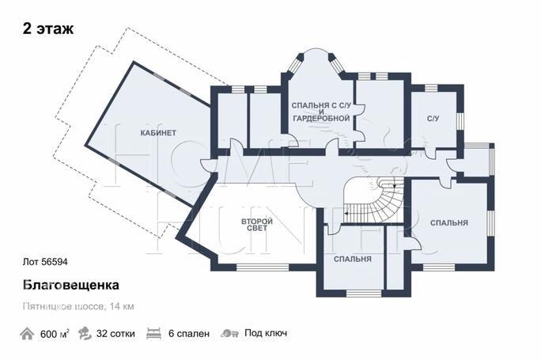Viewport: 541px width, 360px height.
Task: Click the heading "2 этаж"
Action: [48, 28]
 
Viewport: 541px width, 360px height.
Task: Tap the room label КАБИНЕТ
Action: [158, 133]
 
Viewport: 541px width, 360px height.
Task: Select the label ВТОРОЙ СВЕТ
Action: [257, 225]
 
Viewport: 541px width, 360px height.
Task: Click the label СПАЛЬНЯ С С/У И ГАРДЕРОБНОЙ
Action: [321, 112]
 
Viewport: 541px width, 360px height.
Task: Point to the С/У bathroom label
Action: [433, 119]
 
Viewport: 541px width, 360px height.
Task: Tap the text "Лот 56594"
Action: [45, 262]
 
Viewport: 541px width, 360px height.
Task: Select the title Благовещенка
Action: [71, 285]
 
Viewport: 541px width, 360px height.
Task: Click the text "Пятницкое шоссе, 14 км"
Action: [78, 306]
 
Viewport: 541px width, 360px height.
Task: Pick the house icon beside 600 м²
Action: [27, 334]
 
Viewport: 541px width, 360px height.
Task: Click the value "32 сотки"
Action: [115, 334]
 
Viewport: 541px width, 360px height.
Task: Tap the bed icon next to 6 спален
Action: [154, 334]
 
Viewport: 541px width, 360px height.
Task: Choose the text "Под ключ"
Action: [266, 333]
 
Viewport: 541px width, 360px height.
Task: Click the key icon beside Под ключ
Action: [229, 333]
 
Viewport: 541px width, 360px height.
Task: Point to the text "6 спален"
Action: [189, 334]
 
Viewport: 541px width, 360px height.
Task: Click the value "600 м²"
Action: [55, 334]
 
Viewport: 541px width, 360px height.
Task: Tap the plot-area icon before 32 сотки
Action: [85, 334]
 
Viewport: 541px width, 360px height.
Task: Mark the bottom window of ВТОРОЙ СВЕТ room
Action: [263, 267]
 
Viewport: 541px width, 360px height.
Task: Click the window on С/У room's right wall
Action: [460, 120]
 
